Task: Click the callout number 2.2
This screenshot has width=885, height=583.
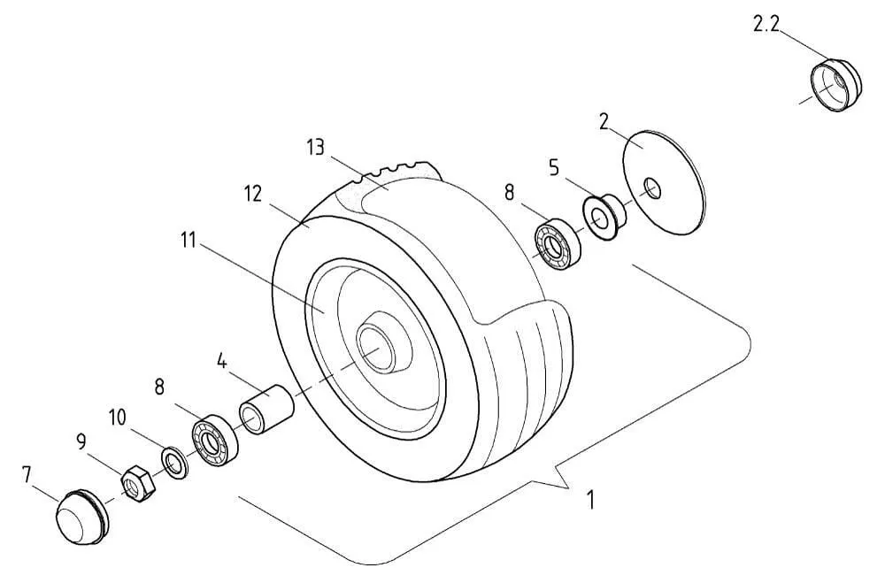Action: (766, 24)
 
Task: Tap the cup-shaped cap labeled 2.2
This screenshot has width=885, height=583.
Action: (836, 85)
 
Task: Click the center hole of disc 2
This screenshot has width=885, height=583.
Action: (652, 188)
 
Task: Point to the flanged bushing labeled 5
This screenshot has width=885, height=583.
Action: (604, 216)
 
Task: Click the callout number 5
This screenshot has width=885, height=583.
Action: (554, 167)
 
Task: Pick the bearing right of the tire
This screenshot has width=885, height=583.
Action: (558, 245)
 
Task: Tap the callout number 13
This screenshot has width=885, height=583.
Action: (316, 148)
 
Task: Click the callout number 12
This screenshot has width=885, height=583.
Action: (253, 194)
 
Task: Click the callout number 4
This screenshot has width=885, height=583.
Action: (222, 361)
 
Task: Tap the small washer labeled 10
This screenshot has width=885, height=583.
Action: (175, 463)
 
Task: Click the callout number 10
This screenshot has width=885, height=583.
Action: (118, 418)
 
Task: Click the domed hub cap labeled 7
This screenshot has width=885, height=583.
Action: (81, 517)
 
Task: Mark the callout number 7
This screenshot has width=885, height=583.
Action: (27, 475)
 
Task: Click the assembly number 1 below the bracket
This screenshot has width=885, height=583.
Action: (590, 500)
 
